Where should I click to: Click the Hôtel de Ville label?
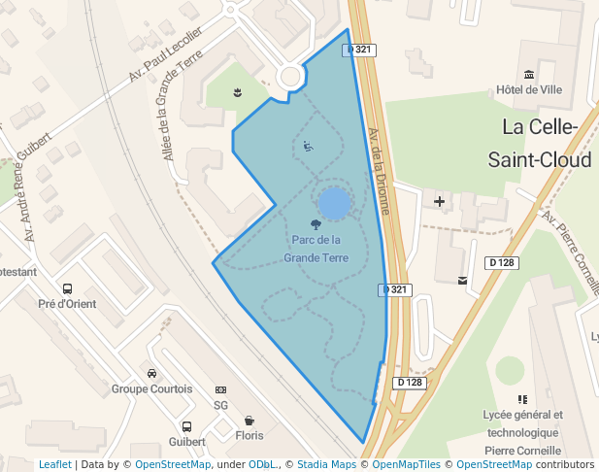(529, 89)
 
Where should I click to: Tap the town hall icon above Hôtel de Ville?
(529, 75)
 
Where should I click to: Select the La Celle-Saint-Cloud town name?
(540, 143)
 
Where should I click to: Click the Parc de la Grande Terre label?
(316, 249)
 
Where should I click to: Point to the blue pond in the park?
(334, 204)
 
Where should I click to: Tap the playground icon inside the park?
(308, 147)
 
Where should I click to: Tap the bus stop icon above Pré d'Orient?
(67, 288)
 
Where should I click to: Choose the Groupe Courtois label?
(151, 388)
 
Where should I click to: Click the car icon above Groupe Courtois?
(151, 373)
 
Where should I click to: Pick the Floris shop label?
(250, 436)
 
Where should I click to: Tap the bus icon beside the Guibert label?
(186, 426)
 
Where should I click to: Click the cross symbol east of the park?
(440, 202)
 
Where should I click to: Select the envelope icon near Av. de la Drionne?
(462, 281)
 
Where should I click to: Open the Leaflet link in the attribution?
(54, 464)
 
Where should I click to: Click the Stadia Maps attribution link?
(326, 464)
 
